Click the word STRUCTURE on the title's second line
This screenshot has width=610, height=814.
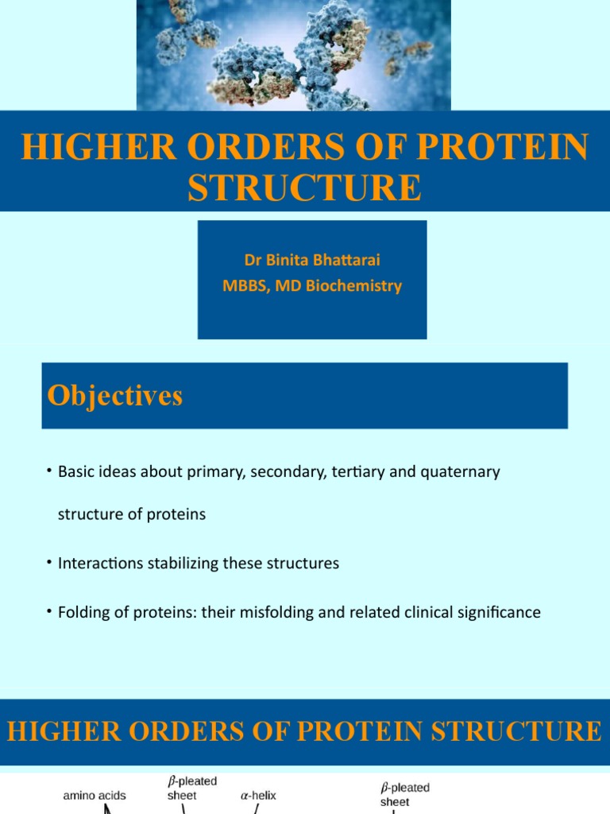pyautogui.click(x=304, y=188)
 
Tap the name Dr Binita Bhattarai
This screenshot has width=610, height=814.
pyautogui.click(x=312, y=261)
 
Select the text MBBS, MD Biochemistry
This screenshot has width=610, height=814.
pyautogui.click(x=312, y=285)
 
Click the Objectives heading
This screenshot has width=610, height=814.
pyautogui.click(x=115, y=395)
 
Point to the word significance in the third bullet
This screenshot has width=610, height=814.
pyautogui.click(x=497, y=612)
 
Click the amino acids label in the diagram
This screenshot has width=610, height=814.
pyautogui.click(x=95, y=795)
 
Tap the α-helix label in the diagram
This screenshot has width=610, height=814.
pyautogui.click(x=258, y=795)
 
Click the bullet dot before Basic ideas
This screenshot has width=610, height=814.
pyautogui.click(x=49, y=472)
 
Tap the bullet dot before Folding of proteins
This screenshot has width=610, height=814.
pyautogui.click(x=49, y=611)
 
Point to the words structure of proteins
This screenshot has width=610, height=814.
pyautogui.click(x=132, y=514)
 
